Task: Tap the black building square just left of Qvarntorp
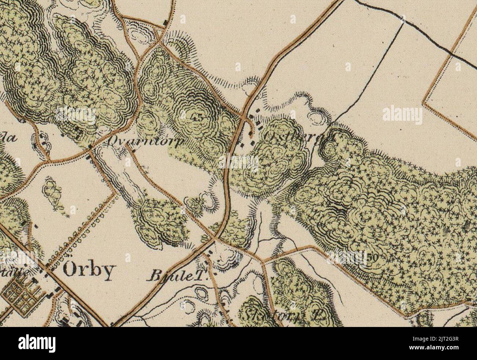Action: [x=90, y=147]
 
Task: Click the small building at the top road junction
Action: [x=165, y=23]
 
